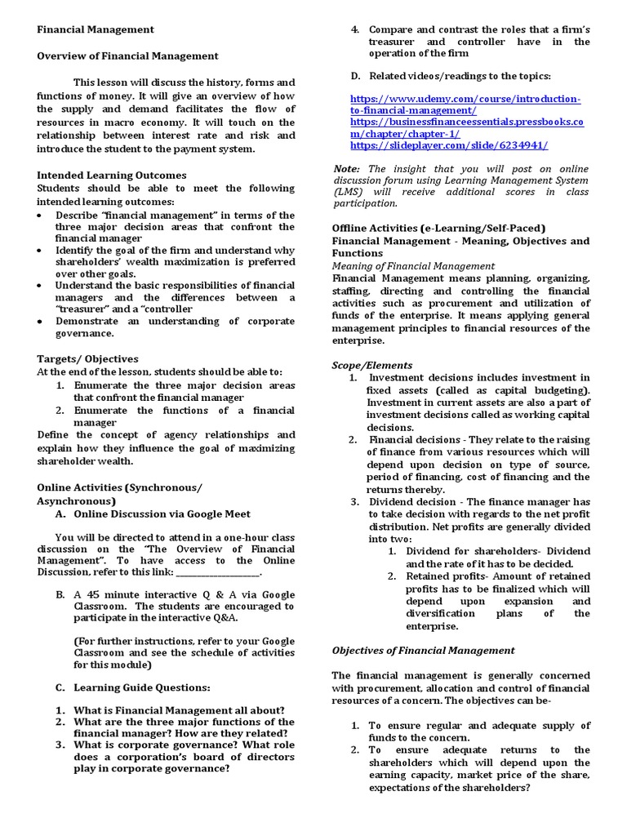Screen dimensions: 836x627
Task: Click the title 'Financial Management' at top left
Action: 96,29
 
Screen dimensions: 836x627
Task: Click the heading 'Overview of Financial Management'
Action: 128,56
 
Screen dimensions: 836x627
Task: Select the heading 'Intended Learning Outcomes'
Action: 112,175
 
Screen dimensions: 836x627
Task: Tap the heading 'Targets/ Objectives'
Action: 88,358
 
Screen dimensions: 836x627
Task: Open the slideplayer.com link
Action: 448,145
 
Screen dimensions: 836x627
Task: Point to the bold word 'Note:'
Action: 347,168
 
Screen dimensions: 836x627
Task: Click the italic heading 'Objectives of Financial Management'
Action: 423,650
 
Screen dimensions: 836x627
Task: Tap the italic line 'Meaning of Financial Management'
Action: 413,265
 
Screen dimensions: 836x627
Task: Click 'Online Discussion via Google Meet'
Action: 162,514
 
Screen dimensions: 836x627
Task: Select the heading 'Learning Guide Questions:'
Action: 142,687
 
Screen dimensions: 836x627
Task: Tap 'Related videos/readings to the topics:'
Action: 460,76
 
